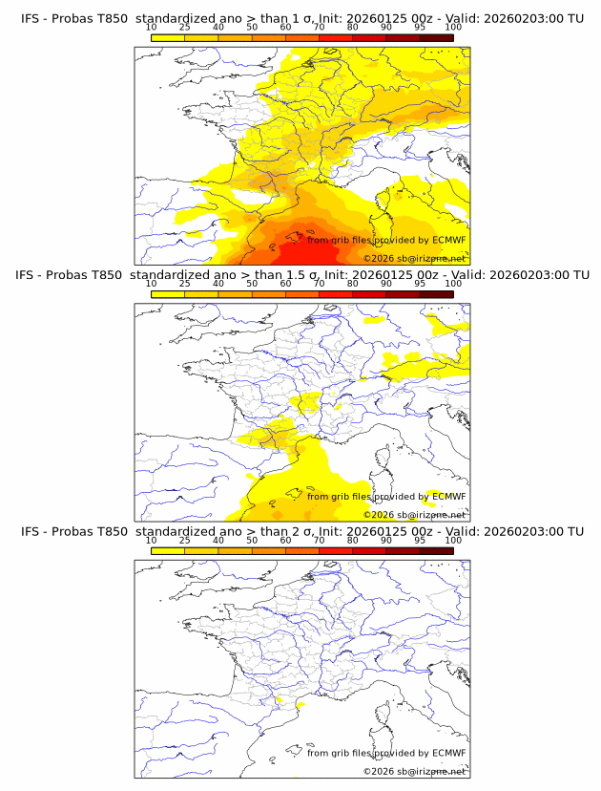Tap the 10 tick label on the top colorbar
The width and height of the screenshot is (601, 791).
(x=152, y=28)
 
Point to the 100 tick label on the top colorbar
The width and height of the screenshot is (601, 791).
(x=452, y=28)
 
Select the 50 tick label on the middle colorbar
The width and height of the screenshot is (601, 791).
(x=252, y=284)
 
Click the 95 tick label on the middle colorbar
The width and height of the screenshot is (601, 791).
(x=419, y=284)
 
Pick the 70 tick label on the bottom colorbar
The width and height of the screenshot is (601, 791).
(x=319, y=540)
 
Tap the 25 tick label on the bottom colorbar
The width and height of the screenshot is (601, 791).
(x=185, y=540)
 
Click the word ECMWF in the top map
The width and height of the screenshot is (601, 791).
(x=448, y=240)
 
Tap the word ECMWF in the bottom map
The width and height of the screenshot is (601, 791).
(x=448, y=753)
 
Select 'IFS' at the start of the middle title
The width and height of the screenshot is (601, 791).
(x=31, y=274)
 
